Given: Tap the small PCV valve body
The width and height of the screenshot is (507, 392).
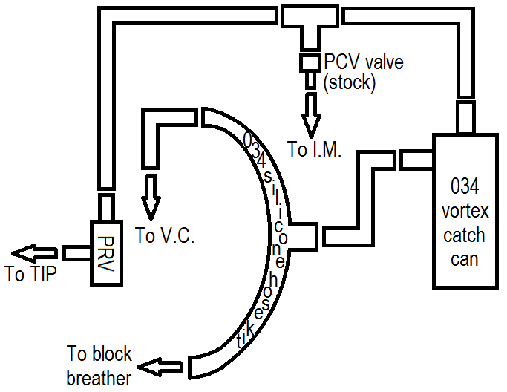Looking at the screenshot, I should click(309, 63).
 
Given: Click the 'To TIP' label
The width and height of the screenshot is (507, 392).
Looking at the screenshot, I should click(29, 275).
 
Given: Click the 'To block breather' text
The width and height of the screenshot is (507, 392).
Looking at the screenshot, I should click(99, 365).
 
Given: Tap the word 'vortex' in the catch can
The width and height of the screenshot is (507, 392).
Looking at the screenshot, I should click(465, 210).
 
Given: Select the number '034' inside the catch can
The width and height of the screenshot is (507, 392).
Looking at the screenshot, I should click(465, 184).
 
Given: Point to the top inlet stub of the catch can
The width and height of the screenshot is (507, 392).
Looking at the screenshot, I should click(465, 118).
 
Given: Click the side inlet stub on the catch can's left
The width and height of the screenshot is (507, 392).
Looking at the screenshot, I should click(416, 159).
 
